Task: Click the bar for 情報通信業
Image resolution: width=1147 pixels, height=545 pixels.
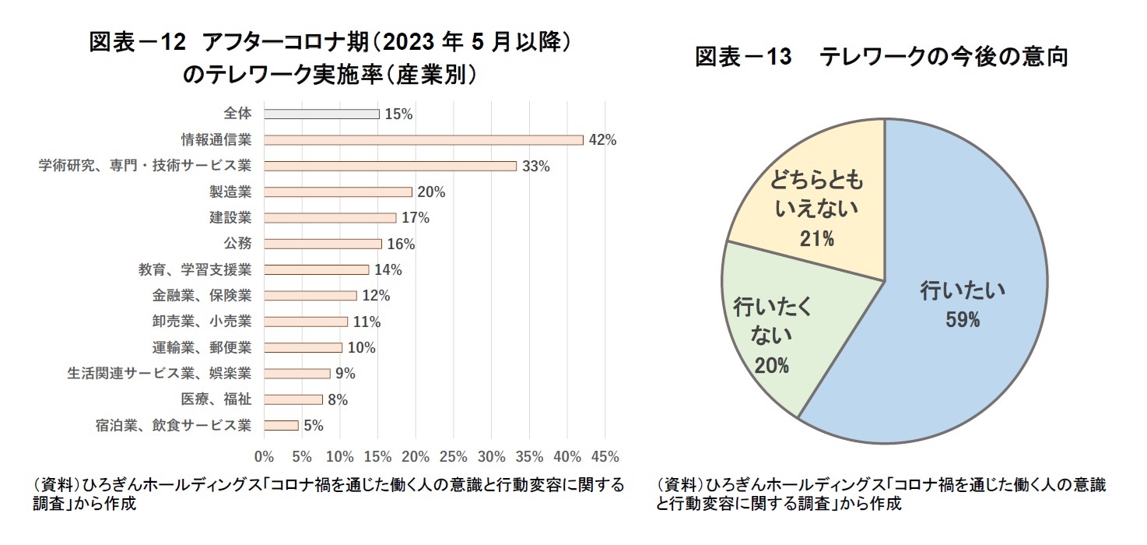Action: point(423,140)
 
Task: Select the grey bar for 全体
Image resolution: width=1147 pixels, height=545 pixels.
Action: point(321,114)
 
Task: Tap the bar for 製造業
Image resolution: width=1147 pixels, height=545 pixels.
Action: point(338,192)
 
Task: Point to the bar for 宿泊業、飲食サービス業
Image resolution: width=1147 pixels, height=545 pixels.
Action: point(281,426)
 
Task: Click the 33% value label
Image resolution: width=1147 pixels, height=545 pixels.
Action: point(536,167)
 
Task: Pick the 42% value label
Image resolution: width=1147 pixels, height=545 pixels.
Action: point(603,140)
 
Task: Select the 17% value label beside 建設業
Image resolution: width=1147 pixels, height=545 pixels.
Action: point(416,218)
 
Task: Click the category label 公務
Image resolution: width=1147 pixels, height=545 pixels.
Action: point(237,244)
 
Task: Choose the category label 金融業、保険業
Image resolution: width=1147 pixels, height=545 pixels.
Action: point(202,296)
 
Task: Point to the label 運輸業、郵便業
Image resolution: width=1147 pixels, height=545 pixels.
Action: point(202,347)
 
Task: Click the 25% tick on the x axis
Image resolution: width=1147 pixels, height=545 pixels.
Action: point(454,455)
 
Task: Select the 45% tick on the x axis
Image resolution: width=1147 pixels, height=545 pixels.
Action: point(605,455)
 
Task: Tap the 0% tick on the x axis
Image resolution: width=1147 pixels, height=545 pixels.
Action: point(265,455)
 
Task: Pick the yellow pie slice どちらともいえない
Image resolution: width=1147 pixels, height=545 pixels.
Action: point(817,210)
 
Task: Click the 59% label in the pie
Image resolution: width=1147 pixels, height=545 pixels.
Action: point(963,319)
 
